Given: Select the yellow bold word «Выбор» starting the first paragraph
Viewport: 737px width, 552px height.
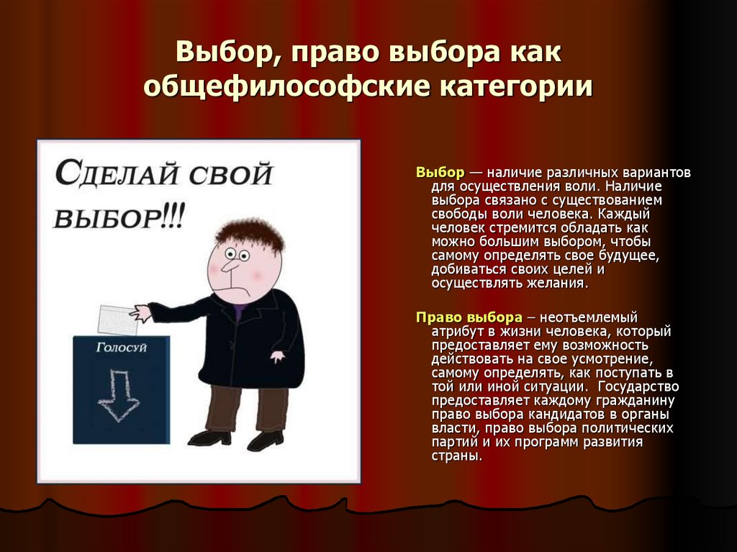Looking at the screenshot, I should tap(440, 173).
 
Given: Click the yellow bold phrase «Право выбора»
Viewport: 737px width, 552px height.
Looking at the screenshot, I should tap(469, 317).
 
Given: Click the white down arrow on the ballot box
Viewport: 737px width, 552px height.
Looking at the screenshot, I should tap(119, 395).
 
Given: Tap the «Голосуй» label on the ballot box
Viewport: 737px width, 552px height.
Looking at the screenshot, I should tap(122, 348).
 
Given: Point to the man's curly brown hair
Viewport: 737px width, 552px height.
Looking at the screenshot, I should tap(249, 233).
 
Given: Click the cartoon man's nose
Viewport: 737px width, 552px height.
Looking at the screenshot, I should tap(229, 266).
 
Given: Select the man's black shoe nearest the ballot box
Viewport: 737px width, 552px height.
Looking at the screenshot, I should tap(209, 437).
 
